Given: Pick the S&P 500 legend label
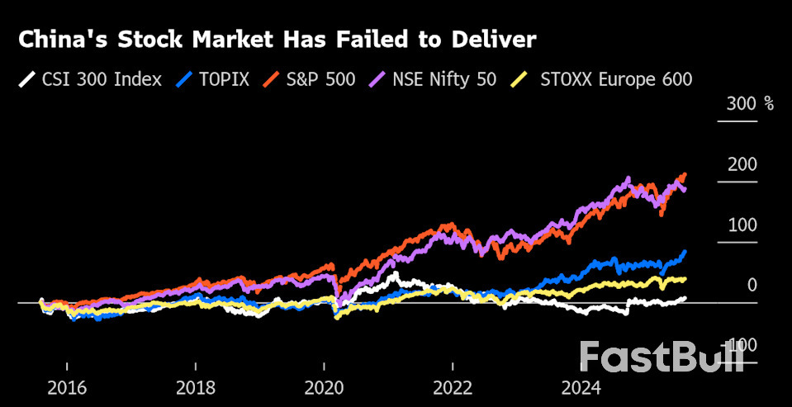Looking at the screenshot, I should pos(322,80).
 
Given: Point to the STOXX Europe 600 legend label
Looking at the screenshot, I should pos(615,80).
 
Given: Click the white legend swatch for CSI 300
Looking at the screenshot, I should pos(27,80).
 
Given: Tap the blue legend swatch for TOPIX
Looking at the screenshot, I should pos(185,80).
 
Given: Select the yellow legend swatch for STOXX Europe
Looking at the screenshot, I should pos(520,80).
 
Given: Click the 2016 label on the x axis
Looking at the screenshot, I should pos(66,388).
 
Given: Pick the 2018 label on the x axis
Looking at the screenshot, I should pos(196,388).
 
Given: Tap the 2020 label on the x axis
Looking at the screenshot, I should pos(325,388).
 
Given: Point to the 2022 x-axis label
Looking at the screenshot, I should pos(453,388).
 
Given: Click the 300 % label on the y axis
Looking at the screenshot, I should pos(750,105).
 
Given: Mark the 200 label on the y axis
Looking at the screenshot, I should pos(742,164).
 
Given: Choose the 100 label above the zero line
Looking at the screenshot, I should pos(742,225).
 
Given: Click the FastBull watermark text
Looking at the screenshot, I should pos(661,357).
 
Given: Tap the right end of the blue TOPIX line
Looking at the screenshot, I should pos(685,252).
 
